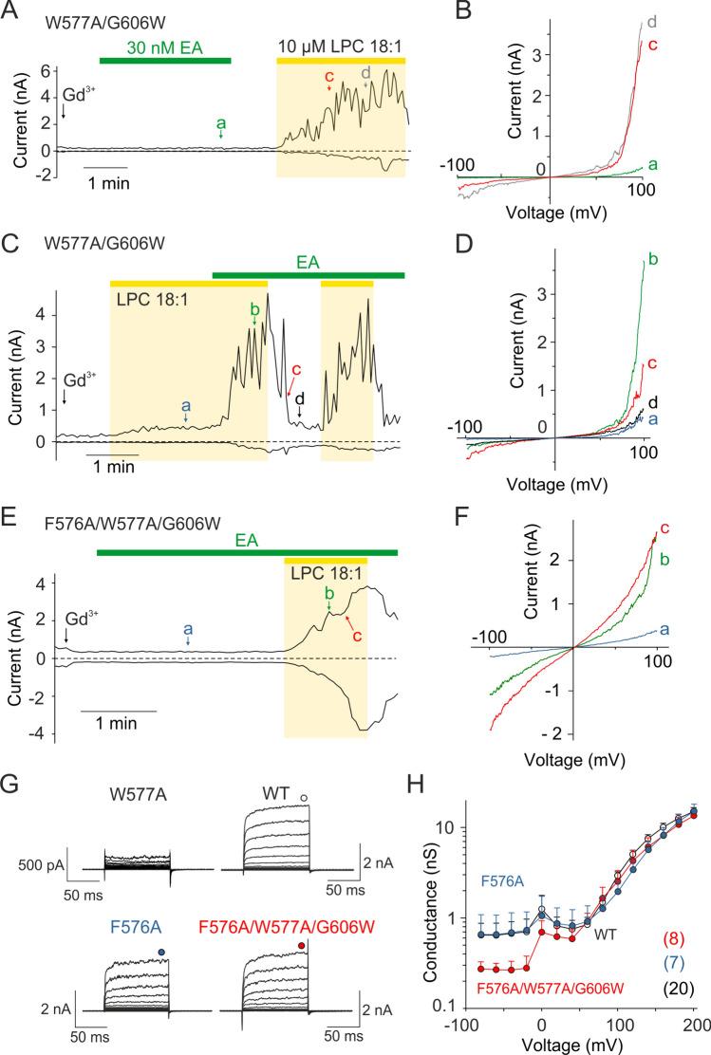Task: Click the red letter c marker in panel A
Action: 328,76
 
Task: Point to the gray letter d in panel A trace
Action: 366,71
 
